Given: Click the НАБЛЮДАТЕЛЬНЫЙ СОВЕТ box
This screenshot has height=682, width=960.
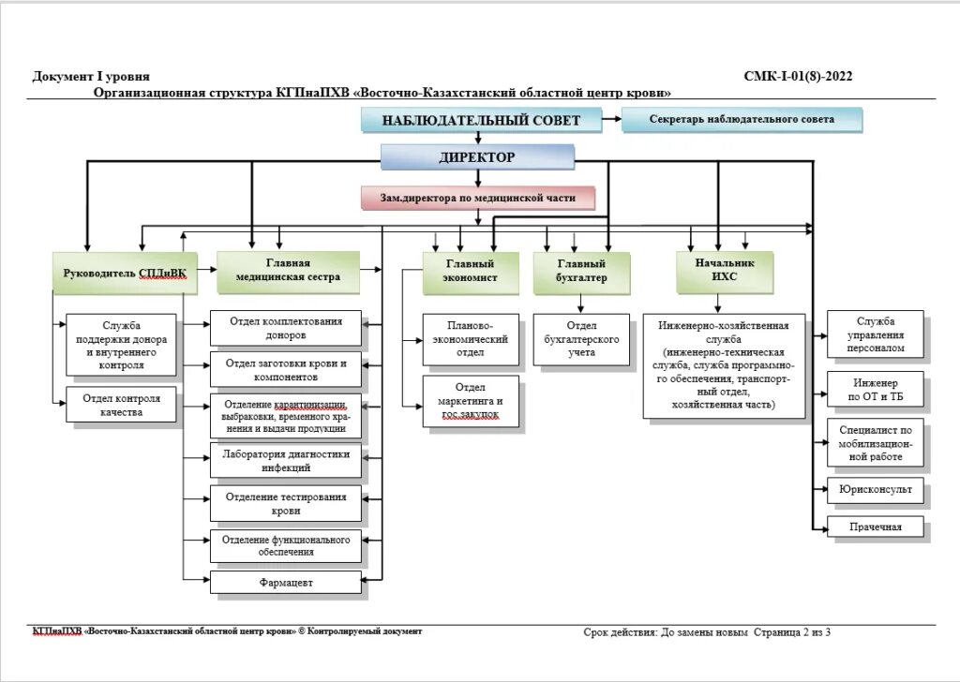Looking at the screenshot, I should [x=480, y=120].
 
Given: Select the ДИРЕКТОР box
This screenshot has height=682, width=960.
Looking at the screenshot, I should [x=477, y=157].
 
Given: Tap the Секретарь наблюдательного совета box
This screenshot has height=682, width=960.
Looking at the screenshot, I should [x=741, y=120].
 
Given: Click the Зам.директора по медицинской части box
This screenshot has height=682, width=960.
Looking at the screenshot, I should [x=478, y=198].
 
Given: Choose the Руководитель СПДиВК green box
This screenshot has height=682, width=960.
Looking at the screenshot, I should [x=125, y=273].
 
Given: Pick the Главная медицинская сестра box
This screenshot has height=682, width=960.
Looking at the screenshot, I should [x=288, y=271].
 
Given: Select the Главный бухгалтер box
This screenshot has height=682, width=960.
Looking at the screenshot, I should [x=581, y=272].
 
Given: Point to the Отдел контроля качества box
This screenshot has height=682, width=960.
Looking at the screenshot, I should [x=121, y=405].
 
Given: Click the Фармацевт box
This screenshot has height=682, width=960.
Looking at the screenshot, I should [x=286, y=583].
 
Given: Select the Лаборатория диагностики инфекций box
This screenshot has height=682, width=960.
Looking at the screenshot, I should [x=286, y=460].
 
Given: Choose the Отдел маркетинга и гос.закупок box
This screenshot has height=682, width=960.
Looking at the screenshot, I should [x=471, y=401].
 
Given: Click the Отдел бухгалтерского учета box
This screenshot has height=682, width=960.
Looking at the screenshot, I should [x=581, y=339].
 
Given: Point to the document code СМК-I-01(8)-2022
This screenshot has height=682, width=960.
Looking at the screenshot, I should [x=797, y=77].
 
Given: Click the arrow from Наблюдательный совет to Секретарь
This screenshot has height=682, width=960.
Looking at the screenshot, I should [x=610, y=119].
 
